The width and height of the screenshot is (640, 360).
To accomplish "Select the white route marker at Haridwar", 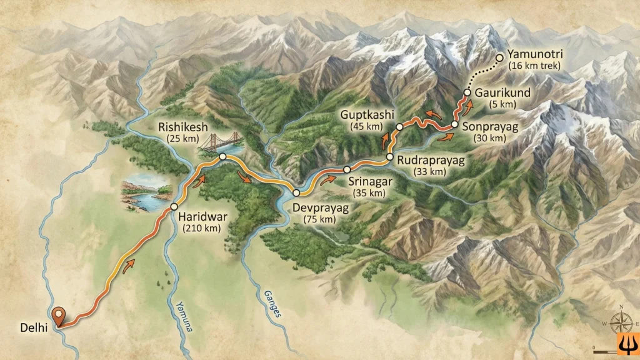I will (174, 207).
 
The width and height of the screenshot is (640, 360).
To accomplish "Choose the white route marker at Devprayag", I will (296, 193).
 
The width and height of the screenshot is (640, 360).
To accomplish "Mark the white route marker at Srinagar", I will (347, 169).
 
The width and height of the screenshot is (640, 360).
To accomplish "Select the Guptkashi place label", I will (365, 114).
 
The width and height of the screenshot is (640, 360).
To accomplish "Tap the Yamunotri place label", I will (535, 54).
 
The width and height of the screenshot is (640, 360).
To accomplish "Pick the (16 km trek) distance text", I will (535, 66).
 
